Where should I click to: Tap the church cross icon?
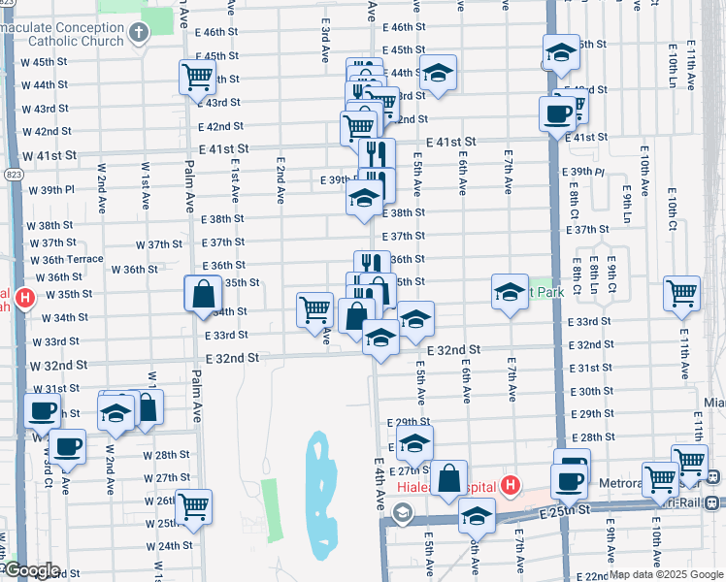139,35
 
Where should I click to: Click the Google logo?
32,570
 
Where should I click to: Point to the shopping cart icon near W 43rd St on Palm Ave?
197,77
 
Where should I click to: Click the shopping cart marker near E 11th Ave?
681,292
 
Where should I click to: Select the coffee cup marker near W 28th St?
67,446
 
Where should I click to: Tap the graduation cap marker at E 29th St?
414,442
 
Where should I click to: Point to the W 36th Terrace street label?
66,260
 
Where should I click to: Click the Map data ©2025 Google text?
665,574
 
